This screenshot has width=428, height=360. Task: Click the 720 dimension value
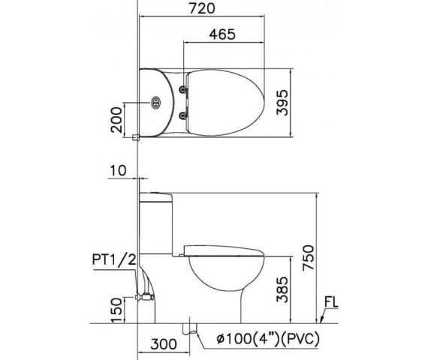[202, 8]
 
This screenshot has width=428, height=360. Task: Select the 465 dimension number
[222, 34]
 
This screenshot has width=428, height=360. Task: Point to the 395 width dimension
[282, 103]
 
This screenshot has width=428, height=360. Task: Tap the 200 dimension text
[116, 120]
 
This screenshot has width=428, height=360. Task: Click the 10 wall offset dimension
[119, 171]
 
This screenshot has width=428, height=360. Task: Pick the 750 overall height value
[309, 258]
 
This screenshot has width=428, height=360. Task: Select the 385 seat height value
[282, 289]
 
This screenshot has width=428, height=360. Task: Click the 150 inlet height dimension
[116, 310]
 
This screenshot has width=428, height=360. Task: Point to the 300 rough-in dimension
[164, 344]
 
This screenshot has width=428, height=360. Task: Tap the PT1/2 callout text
[114, 259]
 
